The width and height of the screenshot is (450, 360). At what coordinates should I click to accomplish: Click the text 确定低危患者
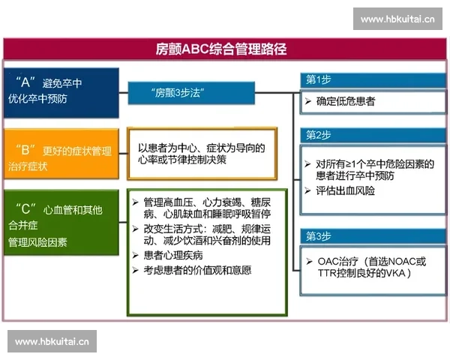345,100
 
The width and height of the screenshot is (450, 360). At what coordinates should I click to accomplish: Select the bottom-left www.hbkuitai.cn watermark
53,341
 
